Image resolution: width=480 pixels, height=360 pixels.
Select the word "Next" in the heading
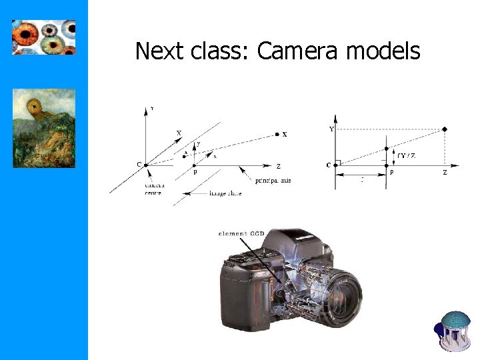pyautogui.click(x=159, y=51)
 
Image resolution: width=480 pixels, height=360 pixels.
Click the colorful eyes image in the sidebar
pyautogui.click(x=44, y=37)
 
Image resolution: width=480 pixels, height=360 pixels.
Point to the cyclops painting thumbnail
pyautogui.click(x=44, y=127)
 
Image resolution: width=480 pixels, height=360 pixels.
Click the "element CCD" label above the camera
pyautogui.click(x=241, y=233)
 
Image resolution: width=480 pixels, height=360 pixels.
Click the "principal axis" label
pyautogui.click(x=273, y=181)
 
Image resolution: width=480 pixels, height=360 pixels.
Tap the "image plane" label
pyautogui.click(x=225, y=193)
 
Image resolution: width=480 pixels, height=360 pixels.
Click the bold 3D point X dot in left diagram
pyautogui.click(x=277, y=134)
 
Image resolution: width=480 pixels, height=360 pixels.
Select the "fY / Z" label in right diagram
pyautogui.click(x=406, y=155)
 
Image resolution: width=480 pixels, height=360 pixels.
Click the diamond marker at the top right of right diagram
pyautogui.click(x=445, y=129)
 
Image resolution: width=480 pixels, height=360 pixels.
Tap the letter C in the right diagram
pyautogui.click(x=329, y=165)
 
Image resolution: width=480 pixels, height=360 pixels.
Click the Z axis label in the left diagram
pyautogui.click(x=278, y=167)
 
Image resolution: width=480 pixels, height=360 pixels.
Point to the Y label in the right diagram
pyautogui.click(x=332, y=129)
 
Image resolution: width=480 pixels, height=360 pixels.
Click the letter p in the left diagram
pyautogui.click(x=195, y=171)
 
